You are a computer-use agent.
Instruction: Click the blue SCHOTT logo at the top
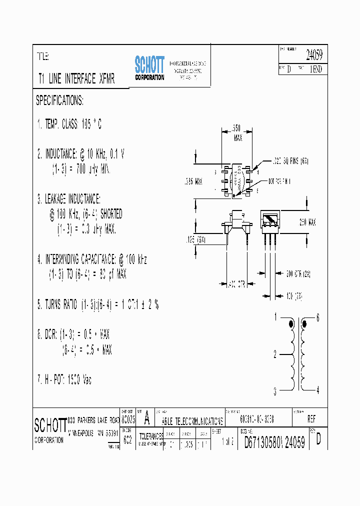[149, 67]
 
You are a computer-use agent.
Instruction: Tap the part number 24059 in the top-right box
[313, 55]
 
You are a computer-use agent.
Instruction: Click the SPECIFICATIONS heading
[59, 101]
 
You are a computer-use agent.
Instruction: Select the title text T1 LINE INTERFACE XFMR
[76, 79]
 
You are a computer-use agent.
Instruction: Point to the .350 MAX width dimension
[238, 131]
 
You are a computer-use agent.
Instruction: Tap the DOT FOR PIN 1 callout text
[282, 180]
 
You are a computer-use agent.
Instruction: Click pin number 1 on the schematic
[275, 316]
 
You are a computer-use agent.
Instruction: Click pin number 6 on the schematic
[318, 318]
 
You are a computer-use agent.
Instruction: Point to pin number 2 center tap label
[275, 355]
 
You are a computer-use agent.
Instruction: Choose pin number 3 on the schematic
[275, 391]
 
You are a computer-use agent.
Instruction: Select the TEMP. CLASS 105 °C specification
[69, 125]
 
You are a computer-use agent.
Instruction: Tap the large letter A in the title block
[147, 417]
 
